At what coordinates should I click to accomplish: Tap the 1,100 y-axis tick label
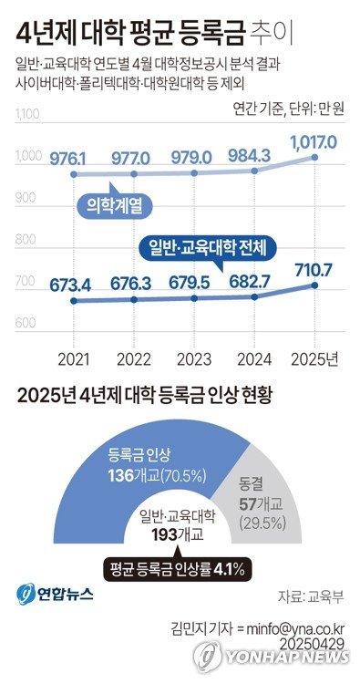pos(29,116)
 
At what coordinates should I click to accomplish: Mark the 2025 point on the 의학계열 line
pos(315,158)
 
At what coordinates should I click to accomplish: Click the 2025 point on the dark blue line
pos(315,285)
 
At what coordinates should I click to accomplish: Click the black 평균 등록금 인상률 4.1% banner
pos(177,570)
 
